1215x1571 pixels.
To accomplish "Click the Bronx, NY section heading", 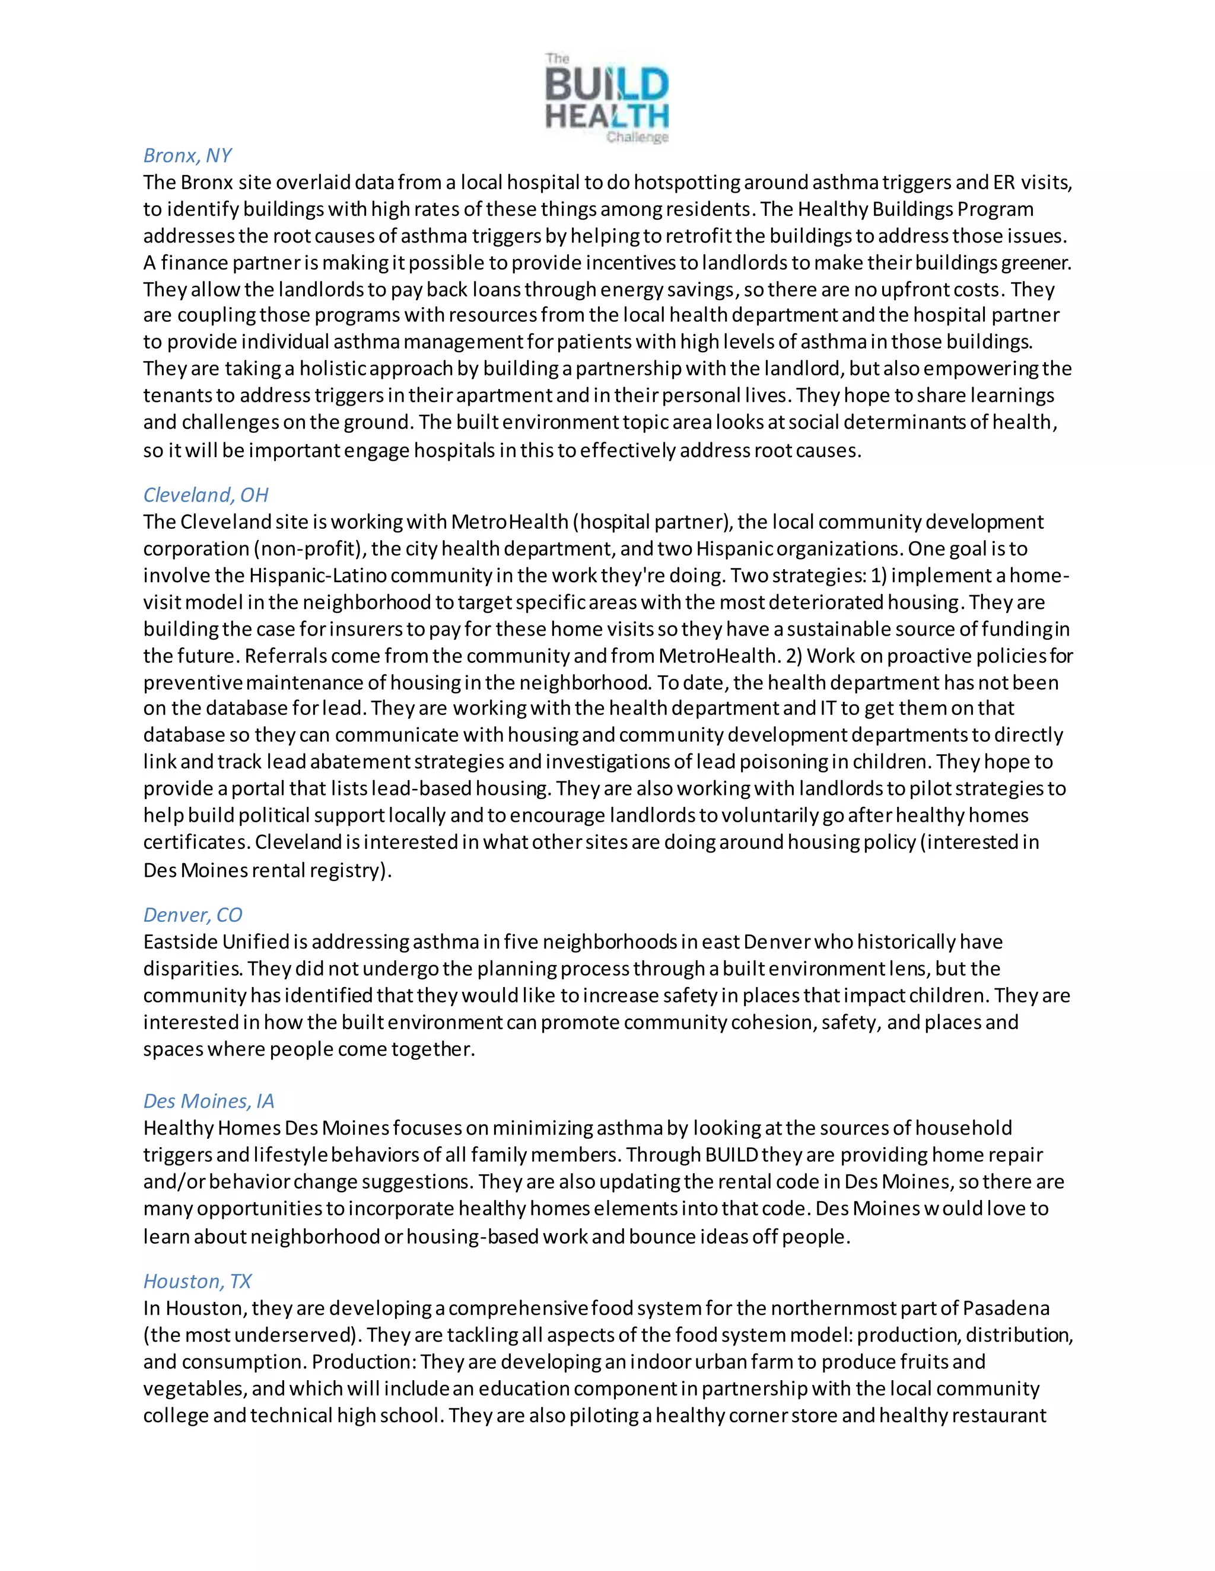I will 187,155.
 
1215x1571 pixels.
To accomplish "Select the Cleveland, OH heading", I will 206,495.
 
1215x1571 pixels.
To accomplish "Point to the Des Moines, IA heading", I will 209,1101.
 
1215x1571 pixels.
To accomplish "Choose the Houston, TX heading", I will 197,1281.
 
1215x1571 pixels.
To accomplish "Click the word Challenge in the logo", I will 637,138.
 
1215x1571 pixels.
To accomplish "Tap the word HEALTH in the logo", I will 607,116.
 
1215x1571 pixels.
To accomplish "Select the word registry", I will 350,870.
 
